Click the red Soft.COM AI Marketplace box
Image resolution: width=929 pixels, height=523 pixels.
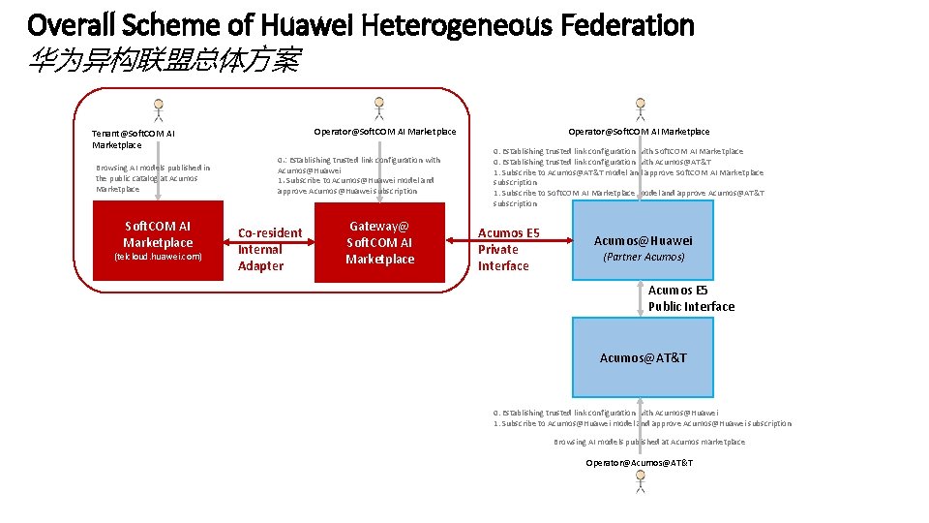coord(158,242)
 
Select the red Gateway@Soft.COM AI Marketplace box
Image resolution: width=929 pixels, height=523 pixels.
coord(379,242)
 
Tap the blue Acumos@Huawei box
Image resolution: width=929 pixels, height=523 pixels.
coord(643,242)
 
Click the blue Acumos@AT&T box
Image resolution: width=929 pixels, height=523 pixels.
coord(643,357)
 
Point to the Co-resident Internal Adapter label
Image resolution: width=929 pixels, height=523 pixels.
coord(270,249)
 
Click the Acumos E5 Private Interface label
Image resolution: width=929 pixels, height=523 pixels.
coord(509,249)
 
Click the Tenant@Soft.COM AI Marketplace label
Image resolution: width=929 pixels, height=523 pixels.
coord(134,138)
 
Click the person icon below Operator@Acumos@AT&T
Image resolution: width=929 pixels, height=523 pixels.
coord(640,483)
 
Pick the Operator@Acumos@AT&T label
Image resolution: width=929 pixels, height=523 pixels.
coord(639,463)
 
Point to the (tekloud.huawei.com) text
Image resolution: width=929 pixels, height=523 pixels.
coord(158,257)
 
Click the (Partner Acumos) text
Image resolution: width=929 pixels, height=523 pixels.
coord(644,257)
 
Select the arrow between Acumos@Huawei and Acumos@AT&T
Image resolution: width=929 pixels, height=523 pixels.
coord(641,299)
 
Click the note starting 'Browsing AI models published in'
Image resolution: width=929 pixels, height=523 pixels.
coord(153,178)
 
